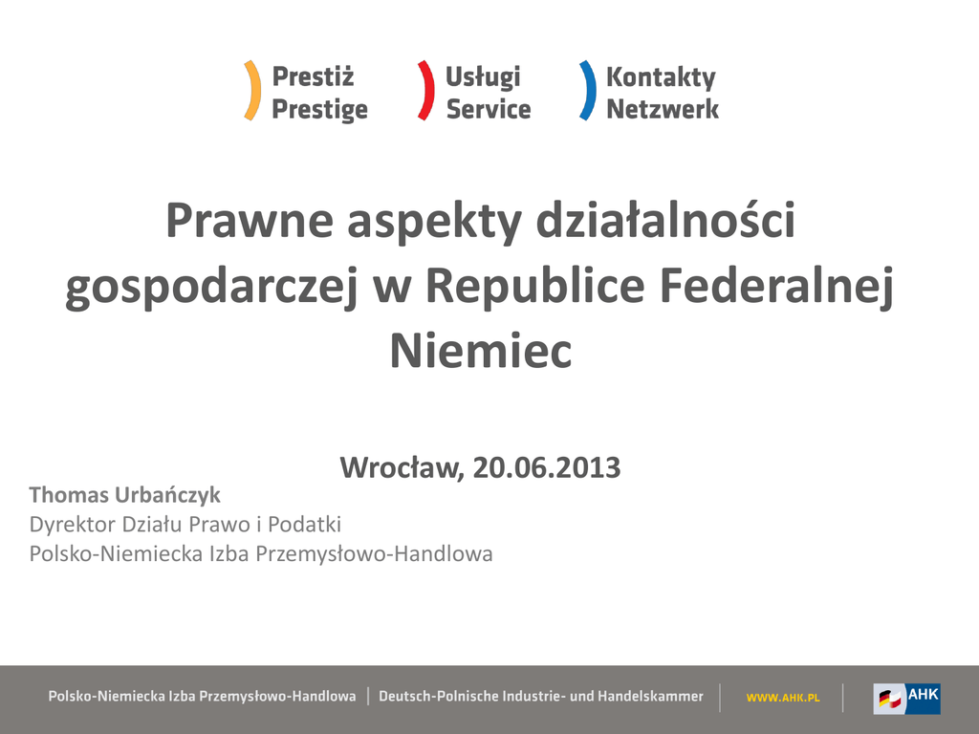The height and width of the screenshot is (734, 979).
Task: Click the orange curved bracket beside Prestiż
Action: (255, 91)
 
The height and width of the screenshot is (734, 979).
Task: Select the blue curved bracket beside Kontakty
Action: (590, 91)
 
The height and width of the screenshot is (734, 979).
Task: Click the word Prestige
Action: (319, 110)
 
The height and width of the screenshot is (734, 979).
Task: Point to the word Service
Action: (489, 109)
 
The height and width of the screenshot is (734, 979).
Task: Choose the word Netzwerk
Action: (663, 109)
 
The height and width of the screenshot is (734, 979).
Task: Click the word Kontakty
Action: (662, 78)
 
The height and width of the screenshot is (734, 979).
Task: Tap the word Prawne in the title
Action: (250, 221)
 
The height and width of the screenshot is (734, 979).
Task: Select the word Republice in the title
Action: (535, 285)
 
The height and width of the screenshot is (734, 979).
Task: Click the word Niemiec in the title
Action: (481, 351)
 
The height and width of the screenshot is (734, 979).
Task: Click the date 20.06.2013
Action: (547, 467)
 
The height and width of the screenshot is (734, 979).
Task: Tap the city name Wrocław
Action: (402, 468)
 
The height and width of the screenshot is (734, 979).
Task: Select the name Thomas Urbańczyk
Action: (125, 495)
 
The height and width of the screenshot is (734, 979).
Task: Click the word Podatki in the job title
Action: (305, 525)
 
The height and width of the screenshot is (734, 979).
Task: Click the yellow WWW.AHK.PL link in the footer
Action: (783, 698)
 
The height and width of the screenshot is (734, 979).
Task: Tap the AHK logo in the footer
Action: (906, 699)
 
